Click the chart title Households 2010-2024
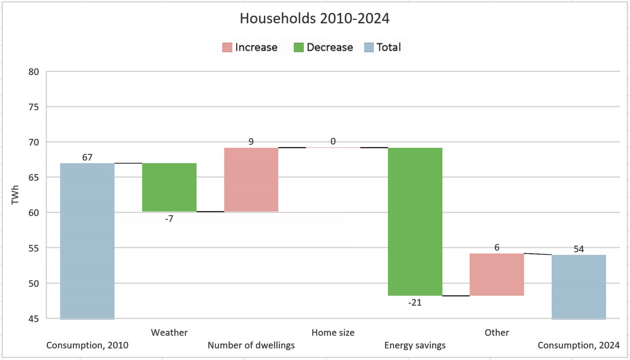click(x=315, y=19)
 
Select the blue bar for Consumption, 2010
click(x=87, y=241)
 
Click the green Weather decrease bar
click(x=169, y=187)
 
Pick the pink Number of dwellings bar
click(x=251, y=180)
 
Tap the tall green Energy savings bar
click(x=415, y=222)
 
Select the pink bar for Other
click(x=497, y=274)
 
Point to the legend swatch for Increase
click(x=227, y=47)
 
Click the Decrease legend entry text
click(x=329, y=47)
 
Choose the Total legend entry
click(x=388, y=47)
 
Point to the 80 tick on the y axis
click(x=33, y=71)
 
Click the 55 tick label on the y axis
click(x=33, y=248)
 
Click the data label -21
click(x=414, y=303)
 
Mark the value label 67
click(x=87, y=158)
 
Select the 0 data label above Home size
click(x=333, y=142)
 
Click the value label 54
click(x=579, y=249)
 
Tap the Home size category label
click(x=333, y=333)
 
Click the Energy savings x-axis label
click(x=415, y=345)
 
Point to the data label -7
click(x=169, y=219)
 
